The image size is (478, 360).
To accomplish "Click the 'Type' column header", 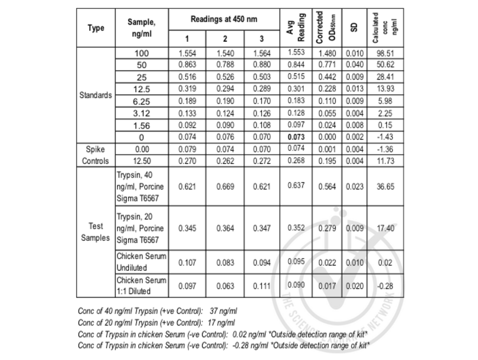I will click(x=96, y=28).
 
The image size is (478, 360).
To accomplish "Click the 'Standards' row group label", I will click(x=96, y=95).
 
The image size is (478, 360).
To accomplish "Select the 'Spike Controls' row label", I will click(x=96, y=155).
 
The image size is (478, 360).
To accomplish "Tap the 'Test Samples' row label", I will click(x=96, y=231).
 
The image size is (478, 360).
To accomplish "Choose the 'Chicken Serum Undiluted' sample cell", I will click(x=142, y=261).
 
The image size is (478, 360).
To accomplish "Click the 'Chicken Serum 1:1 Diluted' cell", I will click(x=142, y=285).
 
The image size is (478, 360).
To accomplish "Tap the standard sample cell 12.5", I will click(x=142, y=89).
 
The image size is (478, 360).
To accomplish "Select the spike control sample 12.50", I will click(x=142, y=160).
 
